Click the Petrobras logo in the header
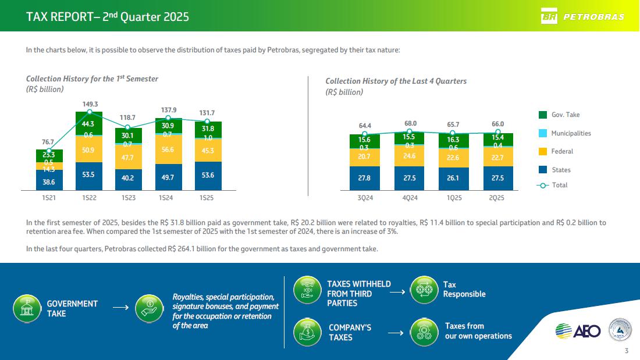[x=582, y=16]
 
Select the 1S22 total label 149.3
[x=89, y=105]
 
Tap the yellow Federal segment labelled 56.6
[x=168, y=148]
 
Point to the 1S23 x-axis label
[x=129, y=198]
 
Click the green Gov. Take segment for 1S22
[x=89, y=123]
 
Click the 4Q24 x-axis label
[x=410, y=198]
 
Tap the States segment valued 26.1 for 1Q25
[x=453, y=179]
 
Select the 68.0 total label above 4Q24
[x=410, y=124]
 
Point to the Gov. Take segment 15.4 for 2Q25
[x=497, y=138]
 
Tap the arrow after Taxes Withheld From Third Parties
[x=397, y=293]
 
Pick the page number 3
[x=626, y=351]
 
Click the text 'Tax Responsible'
[x=464, y=289]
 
